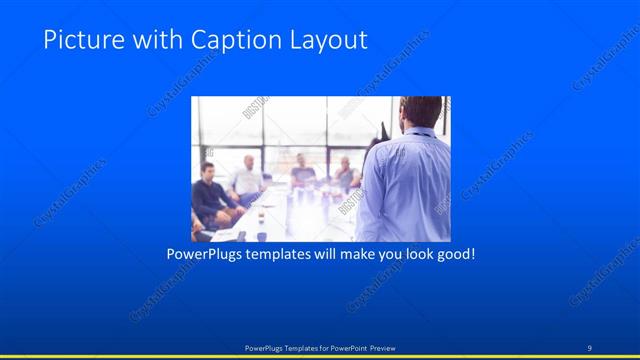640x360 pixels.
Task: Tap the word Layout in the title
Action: pos(325,41)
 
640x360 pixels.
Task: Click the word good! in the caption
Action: pos(455,255)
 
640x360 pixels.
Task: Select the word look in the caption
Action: pos(413,255)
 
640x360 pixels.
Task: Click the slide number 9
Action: pos(589,347)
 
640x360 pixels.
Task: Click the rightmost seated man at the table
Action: pos(345,174)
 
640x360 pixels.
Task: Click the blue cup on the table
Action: pos(262,236)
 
